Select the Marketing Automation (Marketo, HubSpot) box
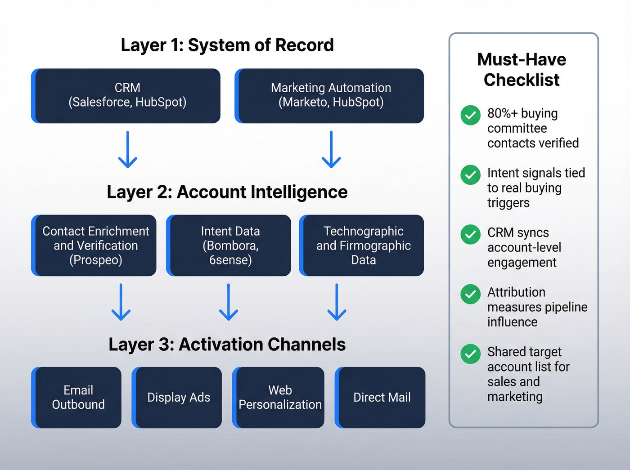[x=330, y=95]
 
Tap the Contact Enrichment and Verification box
[x=94, y=245]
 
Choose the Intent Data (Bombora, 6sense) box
[x=229, y=245]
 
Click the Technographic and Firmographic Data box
[x=362, y=245]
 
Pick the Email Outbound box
[x=77, y=397]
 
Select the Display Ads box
[x=178, y=397]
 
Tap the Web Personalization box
[x=279, y=397]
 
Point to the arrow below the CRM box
[x=128, y=150]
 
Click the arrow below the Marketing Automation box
[x=331, y=150]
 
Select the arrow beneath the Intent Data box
[x=229, y=302]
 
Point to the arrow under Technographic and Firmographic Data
[x=337, y=302]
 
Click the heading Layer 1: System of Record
[x=227, y=45]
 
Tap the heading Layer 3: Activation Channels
[x=227, y=345]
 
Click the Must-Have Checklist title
[x=522, y=70]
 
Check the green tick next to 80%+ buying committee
[x=470, y=115]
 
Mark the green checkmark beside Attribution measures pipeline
[x=470, y=294]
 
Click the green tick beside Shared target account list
[x=470, y=354]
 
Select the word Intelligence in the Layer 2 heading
[x=299, y=192]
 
